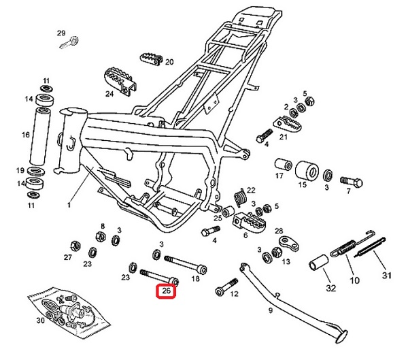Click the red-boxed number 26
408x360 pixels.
pyautogui.click(x=167, y=293)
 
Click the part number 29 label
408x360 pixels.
pyautogui.click(x=61, y=33)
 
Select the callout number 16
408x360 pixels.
pyautogui.click(x=26, y=135)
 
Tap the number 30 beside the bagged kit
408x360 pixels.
pyautogui.click(x=39, y=320)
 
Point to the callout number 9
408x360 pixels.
pyautogui.click(x=270, y=310)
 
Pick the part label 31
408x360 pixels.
pyautogui.click(x=387, y=275)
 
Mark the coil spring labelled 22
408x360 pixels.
pyautogui.click(x=238, y=197)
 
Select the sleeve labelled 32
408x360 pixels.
pyautogui.click(x=319, y=263)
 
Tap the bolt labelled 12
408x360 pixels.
pyautogui.click(x=224, y=289)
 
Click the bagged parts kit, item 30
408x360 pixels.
pyautogui.click(x=68, y=310)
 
